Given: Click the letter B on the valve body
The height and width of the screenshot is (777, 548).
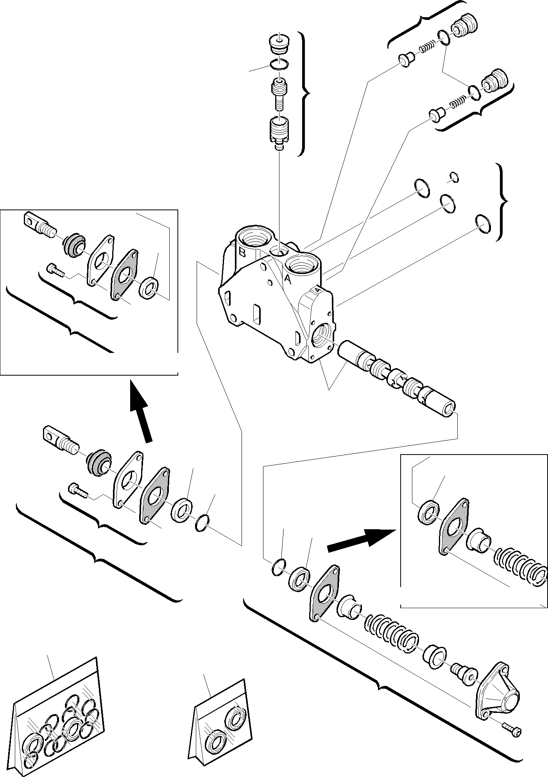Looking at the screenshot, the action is pos(242,252).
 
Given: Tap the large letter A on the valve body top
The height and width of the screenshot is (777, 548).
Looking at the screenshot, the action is pos(287,279).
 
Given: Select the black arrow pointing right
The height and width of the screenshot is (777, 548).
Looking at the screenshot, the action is pos(360,541).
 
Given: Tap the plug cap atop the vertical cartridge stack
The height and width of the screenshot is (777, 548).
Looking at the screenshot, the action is pos(279,44).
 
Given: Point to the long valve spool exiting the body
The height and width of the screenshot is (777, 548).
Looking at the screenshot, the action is pos(397,378).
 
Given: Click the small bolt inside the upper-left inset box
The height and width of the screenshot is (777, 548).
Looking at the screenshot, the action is pos(56,269).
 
